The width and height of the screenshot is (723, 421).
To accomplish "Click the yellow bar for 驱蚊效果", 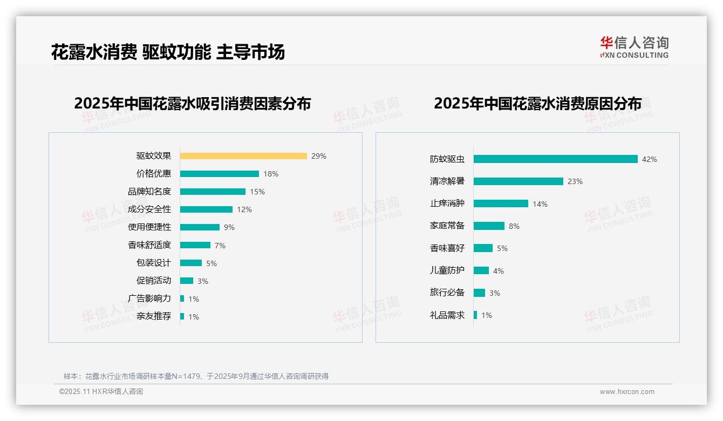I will (243, 156).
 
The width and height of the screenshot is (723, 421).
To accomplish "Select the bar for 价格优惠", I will (220, 174).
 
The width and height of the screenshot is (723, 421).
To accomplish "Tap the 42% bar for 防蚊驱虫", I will (556, 159).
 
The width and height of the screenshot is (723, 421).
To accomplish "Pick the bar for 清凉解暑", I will (519, 181).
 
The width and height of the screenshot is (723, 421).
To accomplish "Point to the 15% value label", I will (257, 192).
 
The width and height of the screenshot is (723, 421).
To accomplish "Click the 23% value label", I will (575, 182).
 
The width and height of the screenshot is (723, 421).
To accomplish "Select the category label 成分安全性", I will (149, 209).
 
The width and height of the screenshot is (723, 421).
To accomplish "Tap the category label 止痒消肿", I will (447, 203).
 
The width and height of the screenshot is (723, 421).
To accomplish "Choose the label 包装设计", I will (154, 263).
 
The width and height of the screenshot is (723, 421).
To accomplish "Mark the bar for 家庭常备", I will (489, 226).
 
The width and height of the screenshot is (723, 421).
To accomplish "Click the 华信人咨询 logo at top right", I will (634, 47).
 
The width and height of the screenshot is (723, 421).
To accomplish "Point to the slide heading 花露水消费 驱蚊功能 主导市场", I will (168, 52).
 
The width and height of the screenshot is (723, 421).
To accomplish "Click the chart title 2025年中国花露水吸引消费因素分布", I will (193, 104).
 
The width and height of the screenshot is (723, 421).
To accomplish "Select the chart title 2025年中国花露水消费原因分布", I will (537, 104).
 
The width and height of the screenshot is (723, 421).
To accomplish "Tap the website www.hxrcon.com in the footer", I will (627, 392).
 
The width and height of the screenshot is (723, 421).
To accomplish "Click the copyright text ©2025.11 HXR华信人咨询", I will (101, 392).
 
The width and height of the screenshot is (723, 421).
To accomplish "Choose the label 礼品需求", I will (447, 315).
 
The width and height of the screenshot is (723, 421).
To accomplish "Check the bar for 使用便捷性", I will (200, 227).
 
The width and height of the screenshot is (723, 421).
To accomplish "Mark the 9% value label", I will (229, 228).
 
